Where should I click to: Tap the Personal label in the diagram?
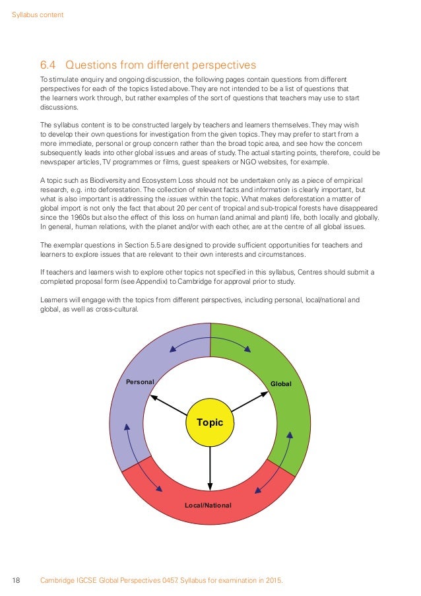(x=140, y=382)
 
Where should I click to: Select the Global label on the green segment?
(x=280, y=383)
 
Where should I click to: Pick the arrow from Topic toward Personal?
(x=168, y=405)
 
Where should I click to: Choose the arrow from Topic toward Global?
(x=251, y=404)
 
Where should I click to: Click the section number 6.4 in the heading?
(x=49, y=65)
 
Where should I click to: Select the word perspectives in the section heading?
(x=220, y=65)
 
